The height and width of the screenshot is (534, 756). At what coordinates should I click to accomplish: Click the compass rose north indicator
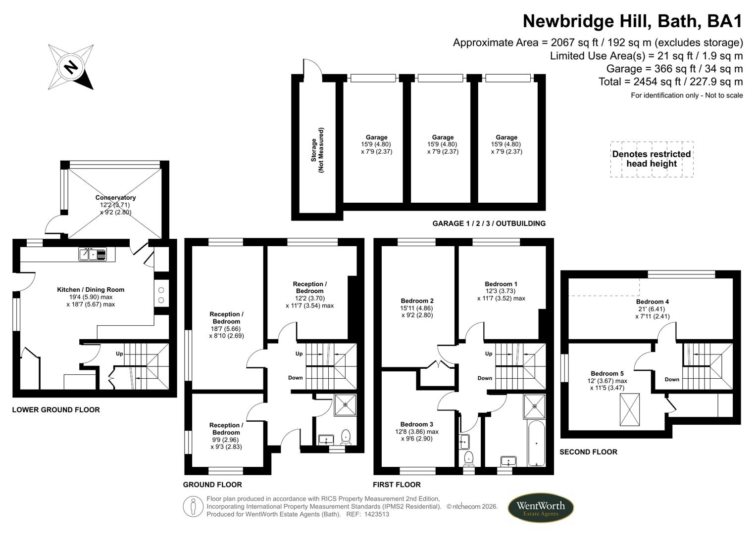[71, 67]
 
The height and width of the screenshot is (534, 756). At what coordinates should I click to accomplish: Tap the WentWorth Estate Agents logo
[541, 508]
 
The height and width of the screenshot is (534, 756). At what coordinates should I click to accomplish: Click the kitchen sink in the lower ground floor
[92, 255]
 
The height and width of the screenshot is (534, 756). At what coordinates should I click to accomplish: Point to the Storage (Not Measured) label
[317, 150]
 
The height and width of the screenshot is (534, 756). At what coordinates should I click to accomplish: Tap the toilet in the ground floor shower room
[346, 437]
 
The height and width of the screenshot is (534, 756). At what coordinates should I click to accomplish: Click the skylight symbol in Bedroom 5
[630, 409]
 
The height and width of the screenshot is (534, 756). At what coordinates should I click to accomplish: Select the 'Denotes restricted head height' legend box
[652, 159]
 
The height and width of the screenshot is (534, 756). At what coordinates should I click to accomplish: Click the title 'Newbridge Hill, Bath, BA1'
[632, 21]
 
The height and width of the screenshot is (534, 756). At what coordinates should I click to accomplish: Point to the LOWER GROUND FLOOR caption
[56, 409]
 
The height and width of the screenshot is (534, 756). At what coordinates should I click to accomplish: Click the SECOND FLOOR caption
[588, 452]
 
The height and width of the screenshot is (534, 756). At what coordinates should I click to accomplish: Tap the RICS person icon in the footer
[193, 507]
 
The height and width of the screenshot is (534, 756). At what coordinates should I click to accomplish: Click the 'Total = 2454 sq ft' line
[670, 82]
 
